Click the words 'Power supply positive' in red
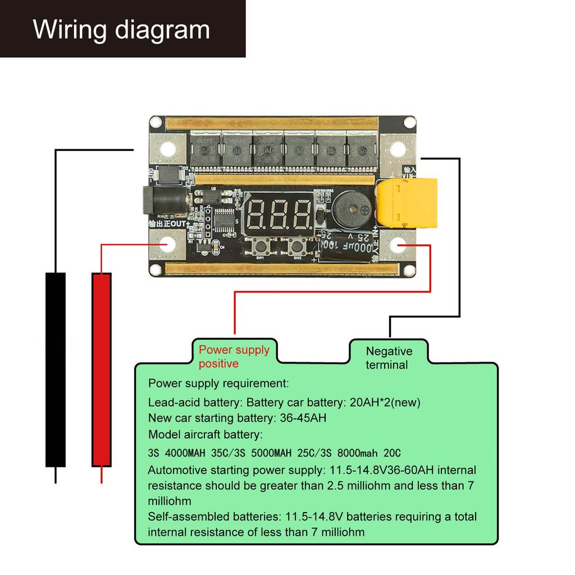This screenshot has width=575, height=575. [x=234, y=357]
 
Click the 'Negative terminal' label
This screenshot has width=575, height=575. [x=389, y=358]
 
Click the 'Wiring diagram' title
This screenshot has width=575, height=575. [x=121, y=29]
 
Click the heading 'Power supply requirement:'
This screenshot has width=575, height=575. [x=218, y=384]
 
